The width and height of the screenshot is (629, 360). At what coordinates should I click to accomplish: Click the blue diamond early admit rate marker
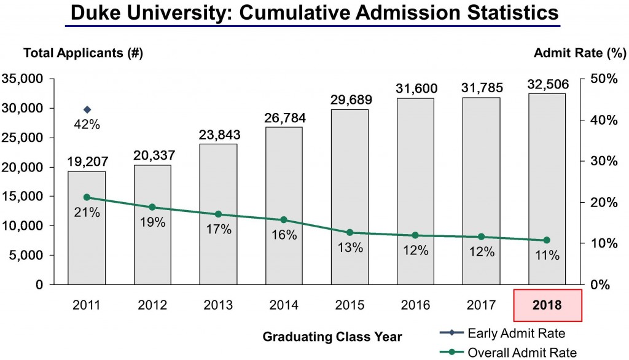point(87,109)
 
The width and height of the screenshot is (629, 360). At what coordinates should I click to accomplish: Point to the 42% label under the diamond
point(87,124)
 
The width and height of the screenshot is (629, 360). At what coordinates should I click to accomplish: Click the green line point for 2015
point(350,232)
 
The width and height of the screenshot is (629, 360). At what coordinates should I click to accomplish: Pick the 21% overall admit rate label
point(87,213)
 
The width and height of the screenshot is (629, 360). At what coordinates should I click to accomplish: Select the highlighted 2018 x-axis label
point(547,304)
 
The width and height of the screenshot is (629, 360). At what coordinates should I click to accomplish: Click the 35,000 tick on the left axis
point(23,79)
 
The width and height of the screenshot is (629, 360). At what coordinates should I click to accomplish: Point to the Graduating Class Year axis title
point(332,337)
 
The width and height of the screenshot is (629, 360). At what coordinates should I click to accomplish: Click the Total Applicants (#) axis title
point(83,53)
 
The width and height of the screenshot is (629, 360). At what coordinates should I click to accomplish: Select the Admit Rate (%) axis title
point(579,53)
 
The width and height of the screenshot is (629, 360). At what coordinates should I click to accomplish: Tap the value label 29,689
point(350,100)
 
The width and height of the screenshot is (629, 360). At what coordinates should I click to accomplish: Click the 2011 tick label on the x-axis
point(87,304)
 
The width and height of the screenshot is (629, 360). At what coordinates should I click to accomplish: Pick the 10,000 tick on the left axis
point(23,226)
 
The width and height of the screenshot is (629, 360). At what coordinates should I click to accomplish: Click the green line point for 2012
point(153,207)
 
